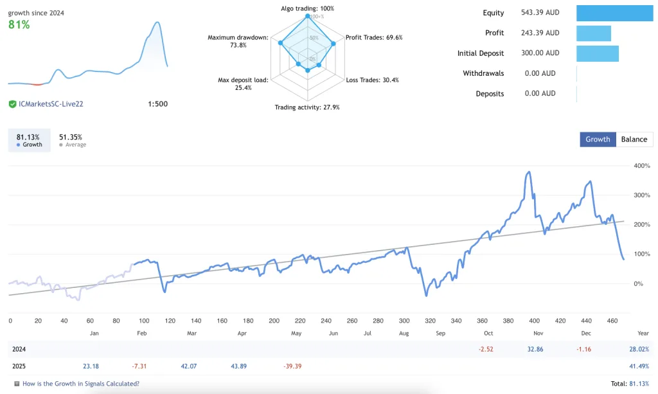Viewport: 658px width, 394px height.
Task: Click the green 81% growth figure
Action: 19,25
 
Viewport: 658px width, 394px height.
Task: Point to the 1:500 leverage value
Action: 157,103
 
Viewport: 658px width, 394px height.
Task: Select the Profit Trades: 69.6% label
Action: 374,37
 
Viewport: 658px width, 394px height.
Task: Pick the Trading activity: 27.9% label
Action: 307,107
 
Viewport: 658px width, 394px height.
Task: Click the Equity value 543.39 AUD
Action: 540,13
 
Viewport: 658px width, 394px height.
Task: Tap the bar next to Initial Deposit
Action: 597,53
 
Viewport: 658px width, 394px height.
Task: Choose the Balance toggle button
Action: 634,139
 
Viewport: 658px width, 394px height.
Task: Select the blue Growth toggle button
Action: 598,139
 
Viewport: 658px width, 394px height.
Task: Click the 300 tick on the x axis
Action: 404,321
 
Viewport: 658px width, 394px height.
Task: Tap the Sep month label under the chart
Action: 440,334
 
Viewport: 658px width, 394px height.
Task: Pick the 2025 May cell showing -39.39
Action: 292,366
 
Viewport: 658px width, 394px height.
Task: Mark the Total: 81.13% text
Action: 628,384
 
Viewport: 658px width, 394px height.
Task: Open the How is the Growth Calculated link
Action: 80,384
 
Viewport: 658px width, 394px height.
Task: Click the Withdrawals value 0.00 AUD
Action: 540,73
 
